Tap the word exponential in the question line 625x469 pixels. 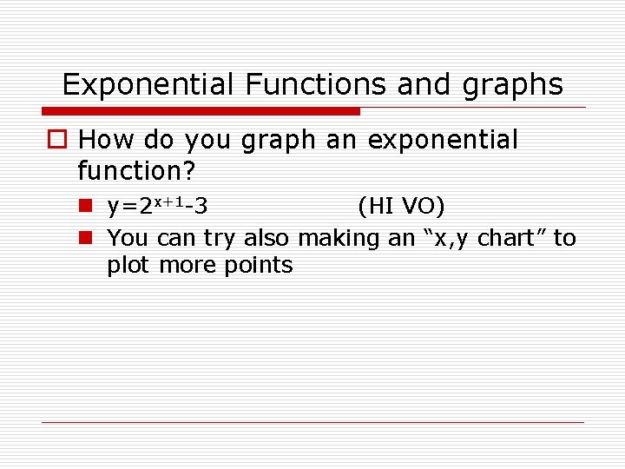(443, 140)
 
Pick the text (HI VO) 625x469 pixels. (401, 207)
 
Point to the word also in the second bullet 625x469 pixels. (267, 238)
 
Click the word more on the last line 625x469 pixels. (185, 266)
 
